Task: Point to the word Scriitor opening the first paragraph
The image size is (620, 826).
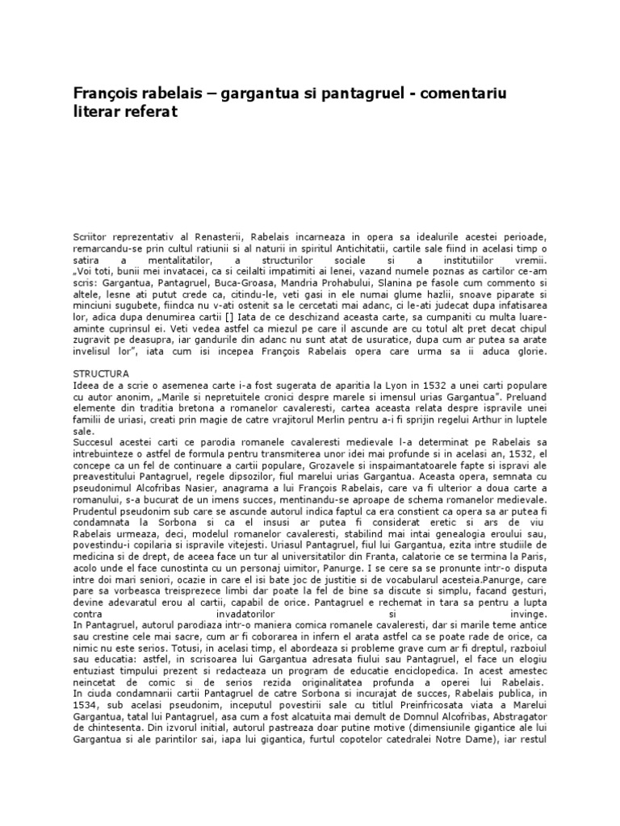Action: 92,235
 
